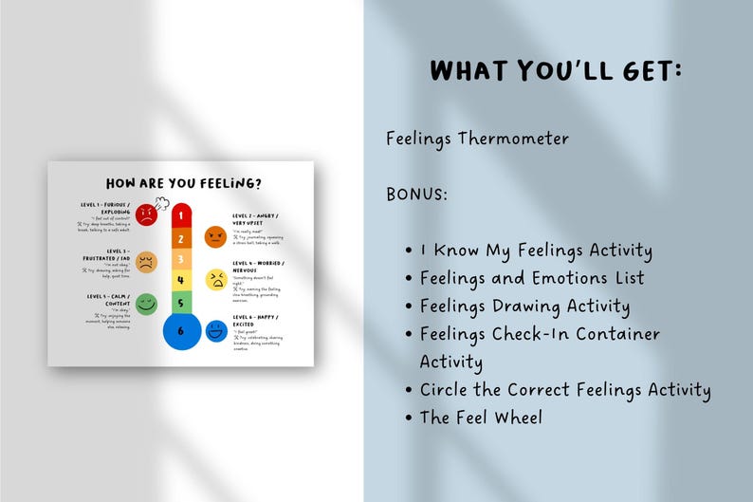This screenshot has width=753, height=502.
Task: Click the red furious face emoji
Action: tap(145, 214)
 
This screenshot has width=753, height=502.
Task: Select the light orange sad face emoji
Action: tap(146, 262)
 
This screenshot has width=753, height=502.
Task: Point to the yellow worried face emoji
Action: tap(216, 280)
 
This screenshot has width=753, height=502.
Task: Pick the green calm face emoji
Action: tap(146, 304)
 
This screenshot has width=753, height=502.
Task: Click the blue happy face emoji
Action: tap(216, 331)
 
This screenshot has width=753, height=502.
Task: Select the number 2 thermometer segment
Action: tap(181, 238)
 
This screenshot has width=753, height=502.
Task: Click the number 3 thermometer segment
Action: tap(181, 259)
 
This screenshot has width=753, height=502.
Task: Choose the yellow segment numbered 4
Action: tap(181, 281)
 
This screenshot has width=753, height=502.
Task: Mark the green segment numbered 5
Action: tap(181, 303)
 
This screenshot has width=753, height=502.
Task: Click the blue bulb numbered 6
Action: tap(181, 332)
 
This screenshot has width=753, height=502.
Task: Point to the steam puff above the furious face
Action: tap(161, 202)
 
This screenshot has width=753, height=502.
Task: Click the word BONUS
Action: tap(416, 194)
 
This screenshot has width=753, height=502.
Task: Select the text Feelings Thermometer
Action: tap(477, 139)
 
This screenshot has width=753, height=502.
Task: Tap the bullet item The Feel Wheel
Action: tap(481, 417)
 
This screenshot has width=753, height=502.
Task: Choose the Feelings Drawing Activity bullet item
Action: tap(524, 306)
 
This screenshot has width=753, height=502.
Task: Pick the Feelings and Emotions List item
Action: tap(531, 278)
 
